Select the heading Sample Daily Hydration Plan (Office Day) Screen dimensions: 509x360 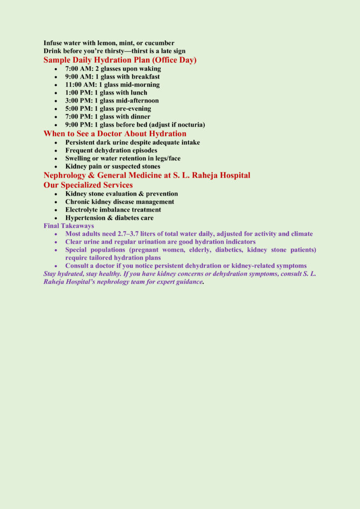point(120,60)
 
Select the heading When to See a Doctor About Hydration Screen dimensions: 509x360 point(115,134)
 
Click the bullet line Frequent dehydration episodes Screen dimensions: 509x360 point(111,150)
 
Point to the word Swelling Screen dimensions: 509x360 point(78,158)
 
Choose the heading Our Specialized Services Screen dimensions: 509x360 point(88,185)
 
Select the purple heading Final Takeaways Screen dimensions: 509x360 point(69,226)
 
